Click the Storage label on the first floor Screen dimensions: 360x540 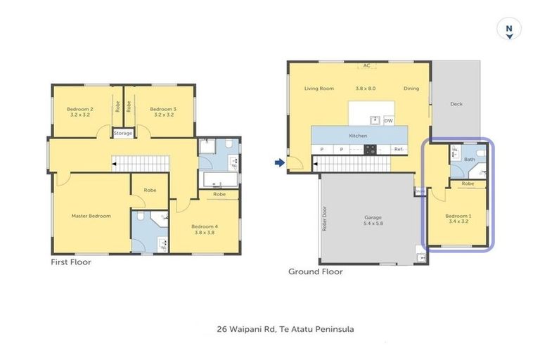(x=123, y=134)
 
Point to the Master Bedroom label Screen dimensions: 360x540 (x=91, y=216)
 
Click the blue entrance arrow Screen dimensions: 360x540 (x=279, y=163)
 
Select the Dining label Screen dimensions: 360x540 (x=411, y=89)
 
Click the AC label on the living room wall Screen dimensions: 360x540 (x=366, y=66)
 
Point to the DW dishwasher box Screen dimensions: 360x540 (x=388, y=120)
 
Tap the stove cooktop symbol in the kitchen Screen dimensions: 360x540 (x=369, y=149)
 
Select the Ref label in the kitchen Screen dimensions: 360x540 (x=398, y=149)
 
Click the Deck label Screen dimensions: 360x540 (x=456, y=104)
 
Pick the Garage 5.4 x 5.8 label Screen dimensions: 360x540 (x=373, y=220)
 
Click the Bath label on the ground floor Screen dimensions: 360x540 (x=470, y=160)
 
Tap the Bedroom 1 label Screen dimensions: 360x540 (x=459, y=217)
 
